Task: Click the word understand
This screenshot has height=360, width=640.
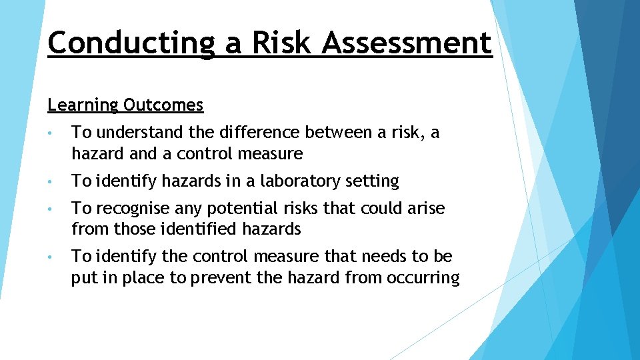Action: (138, 133)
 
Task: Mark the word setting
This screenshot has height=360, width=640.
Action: (372, 181)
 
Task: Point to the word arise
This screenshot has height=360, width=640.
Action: (425, 209)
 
